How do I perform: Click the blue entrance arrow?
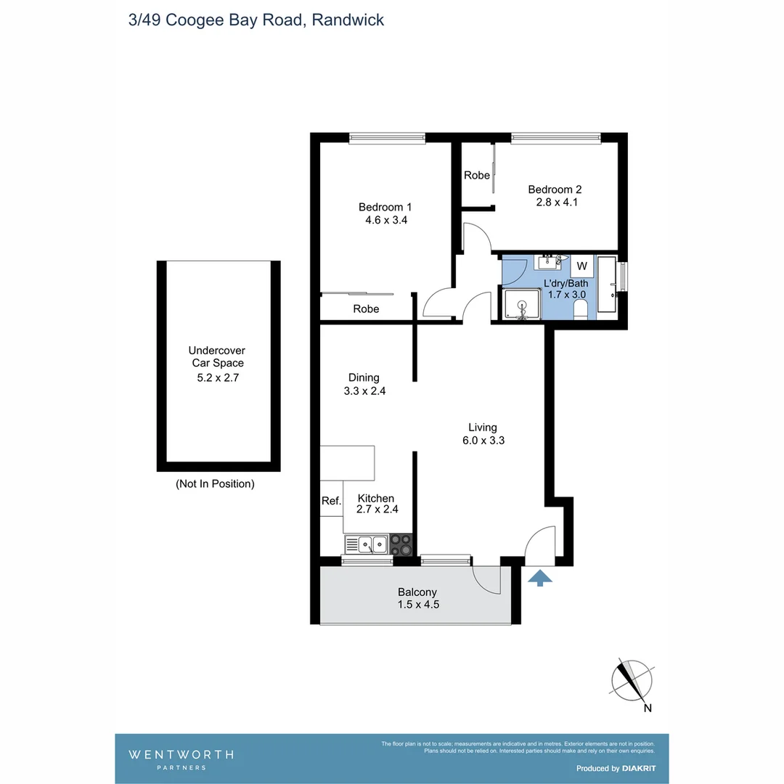539,577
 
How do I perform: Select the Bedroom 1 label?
385,207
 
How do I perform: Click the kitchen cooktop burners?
401,544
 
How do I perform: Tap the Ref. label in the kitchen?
331,500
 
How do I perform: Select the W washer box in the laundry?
582,266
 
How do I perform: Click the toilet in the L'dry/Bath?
581,311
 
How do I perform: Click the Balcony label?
417,592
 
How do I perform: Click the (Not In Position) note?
215,483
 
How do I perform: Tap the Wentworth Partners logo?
181,759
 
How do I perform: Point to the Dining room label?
364,377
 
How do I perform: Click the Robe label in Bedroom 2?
477,175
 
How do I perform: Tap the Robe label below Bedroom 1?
366,309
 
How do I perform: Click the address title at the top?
256,20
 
